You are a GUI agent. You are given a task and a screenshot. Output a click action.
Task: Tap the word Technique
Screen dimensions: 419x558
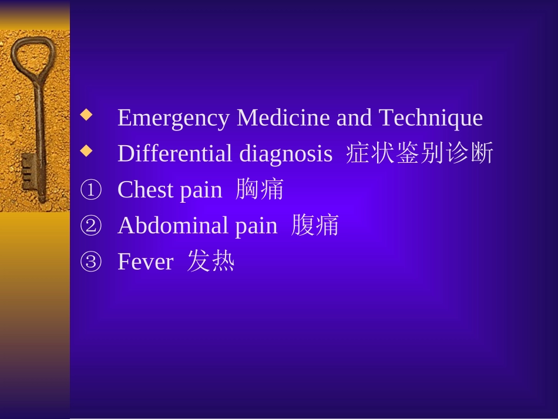(x=431, y=119)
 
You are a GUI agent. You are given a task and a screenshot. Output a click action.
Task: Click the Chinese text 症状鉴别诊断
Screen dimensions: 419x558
(x=419, y=154)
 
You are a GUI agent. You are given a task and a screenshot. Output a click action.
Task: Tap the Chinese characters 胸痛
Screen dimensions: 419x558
(x=260, y=190)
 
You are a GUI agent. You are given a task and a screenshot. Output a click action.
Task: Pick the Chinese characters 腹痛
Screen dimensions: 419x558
(x=315, y=226)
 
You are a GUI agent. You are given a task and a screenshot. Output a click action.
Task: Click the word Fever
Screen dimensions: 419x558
(x=145, y=262)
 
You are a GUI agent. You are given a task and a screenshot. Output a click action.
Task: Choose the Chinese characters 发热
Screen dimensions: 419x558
(x=211, y=262)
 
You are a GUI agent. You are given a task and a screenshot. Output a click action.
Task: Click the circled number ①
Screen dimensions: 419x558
(x=90, y=190)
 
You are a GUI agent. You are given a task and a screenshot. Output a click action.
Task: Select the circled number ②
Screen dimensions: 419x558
(x=90, y=226)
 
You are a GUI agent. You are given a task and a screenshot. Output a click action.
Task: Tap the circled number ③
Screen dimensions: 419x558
(x=90, y=262)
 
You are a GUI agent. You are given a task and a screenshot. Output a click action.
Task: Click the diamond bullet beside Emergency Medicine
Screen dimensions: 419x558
(x=87, y=115)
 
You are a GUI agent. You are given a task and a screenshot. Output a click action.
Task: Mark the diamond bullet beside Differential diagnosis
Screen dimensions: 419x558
(x=87, y=151)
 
